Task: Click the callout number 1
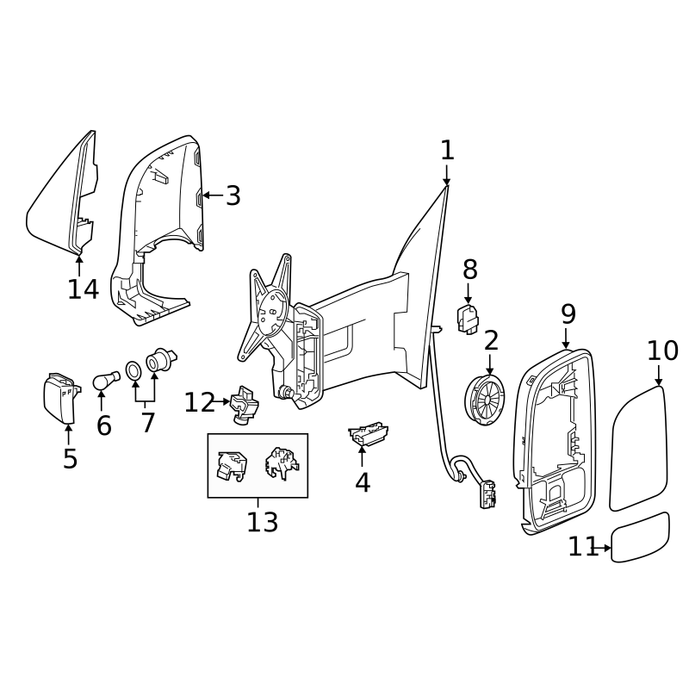click(447, 151)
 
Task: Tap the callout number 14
click(84, 289)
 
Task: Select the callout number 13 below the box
click(263, 521)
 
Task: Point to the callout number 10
click(662, 351)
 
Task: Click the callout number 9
click(568, 314)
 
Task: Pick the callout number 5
click(70, 458)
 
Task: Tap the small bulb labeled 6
click(105, 380)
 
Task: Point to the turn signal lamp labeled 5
click(60, 398)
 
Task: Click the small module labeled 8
click(468, 320)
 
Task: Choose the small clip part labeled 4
click(369, 433)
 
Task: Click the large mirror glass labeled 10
click(638, 448)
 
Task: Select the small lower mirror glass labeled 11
click(640, 537)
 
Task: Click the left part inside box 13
click(230, 465)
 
